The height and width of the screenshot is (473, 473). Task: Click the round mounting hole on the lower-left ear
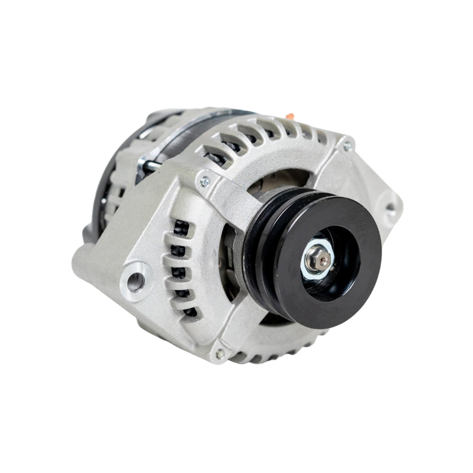pyautogui.click(x=134, y=281)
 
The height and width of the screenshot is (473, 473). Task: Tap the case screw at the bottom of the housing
pyautogui.click(x=219, y=354)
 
